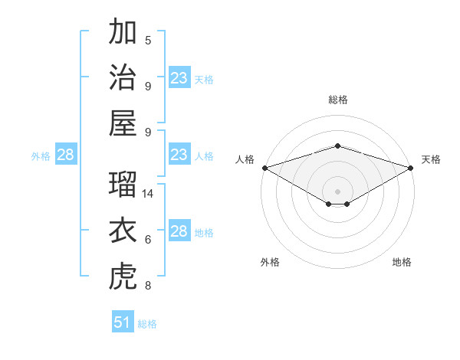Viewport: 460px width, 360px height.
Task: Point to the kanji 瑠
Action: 123,185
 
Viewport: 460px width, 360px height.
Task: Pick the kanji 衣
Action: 123,231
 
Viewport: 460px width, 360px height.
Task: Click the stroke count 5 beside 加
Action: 148,41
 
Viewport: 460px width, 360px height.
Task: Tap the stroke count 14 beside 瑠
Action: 149,194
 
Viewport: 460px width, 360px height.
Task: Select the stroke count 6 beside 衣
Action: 148,240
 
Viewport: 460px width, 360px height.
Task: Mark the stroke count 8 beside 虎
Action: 148,286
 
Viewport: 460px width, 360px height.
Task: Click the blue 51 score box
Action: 123,322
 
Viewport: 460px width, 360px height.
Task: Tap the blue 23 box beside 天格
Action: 179,78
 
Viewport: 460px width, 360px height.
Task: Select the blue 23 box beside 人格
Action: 179,155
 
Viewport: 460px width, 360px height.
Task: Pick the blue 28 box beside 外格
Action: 66,155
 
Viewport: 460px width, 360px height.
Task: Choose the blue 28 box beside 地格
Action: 179,232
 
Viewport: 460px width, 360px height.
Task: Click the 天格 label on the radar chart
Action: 431,159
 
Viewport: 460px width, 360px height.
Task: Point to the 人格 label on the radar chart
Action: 245,159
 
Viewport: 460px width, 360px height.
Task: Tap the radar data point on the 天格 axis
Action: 412,168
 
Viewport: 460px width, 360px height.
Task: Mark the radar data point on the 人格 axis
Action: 264,168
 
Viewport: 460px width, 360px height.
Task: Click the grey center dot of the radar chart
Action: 337,191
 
